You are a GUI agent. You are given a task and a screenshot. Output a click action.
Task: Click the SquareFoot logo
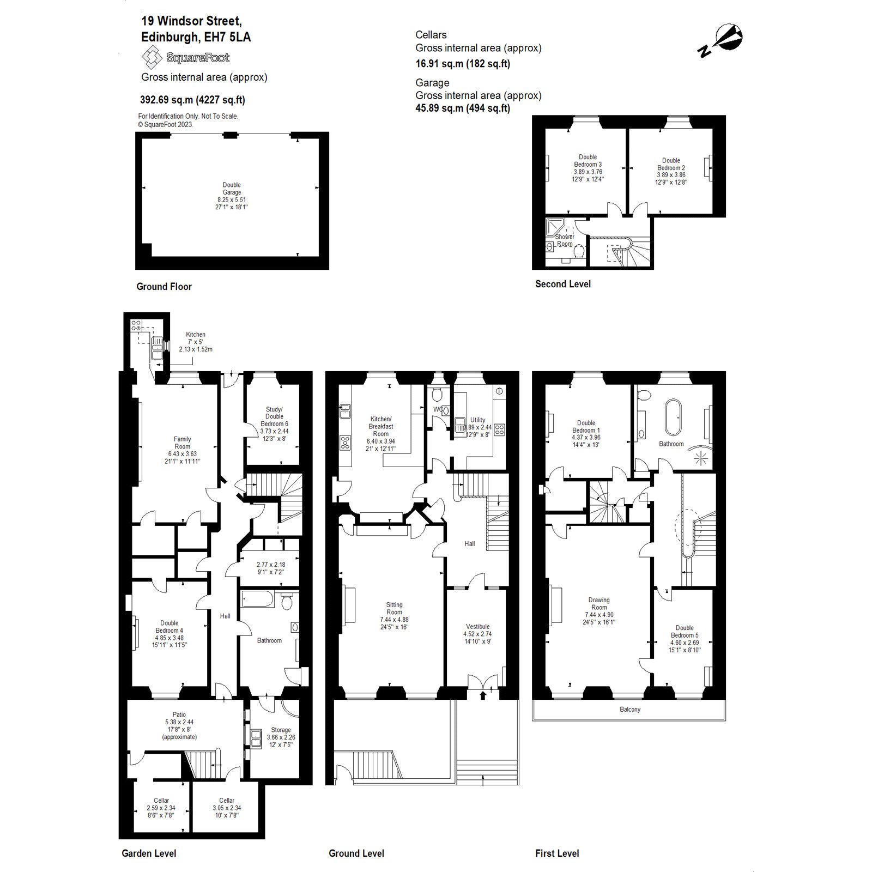[x=185, y=57]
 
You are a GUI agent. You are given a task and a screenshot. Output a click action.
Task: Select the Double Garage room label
[x=232, y=189]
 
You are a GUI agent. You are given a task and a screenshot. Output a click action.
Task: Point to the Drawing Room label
[x=598, y=603]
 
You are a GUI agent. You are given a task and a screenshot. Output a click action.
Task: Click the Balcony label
[x=630, y=710]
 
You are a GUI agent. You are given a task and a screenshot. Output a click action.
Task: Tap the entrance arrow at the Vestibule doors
[x=483, y=695]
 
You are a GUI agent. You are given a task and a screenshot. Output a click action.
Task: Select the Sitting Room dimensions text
[x=394, y=623]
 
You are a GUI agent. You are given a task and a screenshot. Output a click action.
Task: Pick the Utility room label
[x=477, y=420]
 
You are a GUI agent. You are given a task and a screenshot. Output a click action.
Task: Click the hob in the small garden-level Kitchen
[x=136, y=326]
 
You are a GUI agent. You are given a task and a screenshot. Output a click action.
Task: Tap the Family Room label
[x=182, y=443]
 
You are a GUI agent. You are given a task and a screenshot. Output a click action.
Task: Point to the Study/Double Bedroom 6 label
[x=274, y=416]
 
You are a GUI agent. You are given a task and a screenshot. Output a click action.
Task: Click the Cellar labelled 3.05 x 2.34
[x=227, y=808]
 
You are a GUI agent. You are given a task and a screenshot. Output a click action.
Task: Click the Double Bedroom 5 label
[x=685, y=631]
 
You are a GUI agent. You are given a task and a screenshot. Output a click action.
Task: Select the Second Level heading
[x=563, y=284]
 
